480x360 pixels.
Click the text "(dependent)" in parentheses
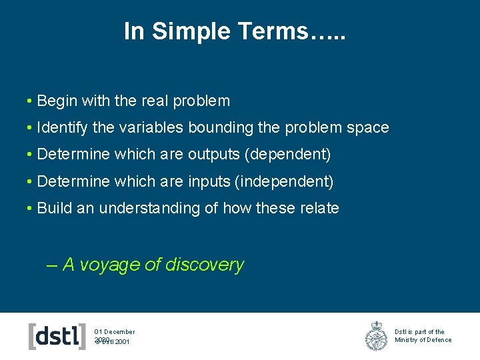pos(288,155)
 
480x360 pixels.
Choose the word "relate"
pos(319,208)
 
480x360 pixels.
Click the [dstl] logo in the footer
pos(57,336)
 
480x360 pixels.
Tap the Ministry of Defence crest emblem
pos(376,336)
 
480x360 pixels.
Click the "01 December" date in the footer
pos(115,331)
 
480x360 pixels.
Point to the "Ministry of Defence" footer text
pos(423,340)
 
